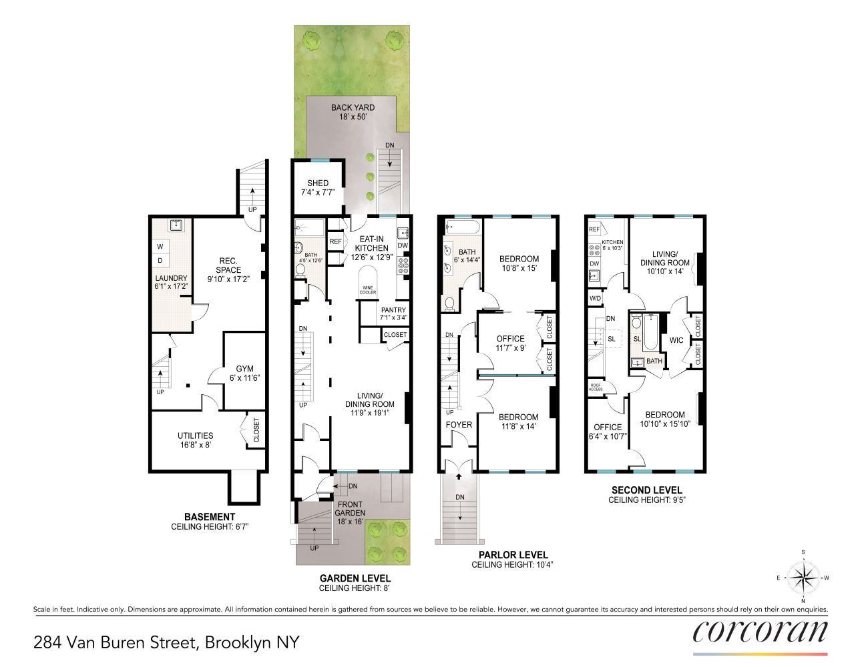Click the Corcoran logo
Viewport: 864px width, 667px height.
[760, 632]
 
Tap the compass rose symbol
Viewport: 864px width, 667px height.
[803, 578]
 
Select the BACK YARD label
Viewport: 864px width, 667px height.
[353, 107]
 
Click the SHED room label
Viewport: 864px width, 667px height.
[318, 183]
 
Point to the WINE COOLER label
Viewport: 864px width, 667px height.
[368, 290]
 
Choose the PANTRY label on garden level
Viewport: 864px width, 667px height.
[393, 310]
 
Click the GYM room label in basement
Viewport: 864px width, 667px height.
[244, 369]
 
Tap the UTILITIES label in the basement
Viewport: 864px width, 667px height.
[195, 436]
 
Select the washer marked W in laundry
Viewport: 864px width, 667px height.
[160, 247]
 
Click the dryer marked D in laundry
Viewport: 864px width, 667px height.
[160, 261]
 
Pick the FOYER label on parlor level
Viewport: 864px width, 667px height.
[459, 425]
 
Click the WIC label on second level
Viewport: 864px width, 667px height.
[676, 340]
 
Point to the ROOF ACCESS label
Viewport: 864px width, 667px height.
[596, 387]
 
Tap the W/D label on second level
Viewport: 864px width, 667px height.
[595, 298]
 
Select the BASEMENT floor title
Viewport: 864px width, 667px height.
[210, 517]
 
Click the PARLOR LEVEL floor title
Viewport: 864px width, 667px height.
[513, 555]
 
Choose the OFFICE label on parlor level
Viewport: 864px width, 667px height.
[510, 339]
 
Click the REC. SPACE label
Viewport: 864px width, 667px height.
[228, 265]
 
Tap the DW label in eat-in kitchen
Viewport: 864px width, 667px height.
[403, 245]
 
